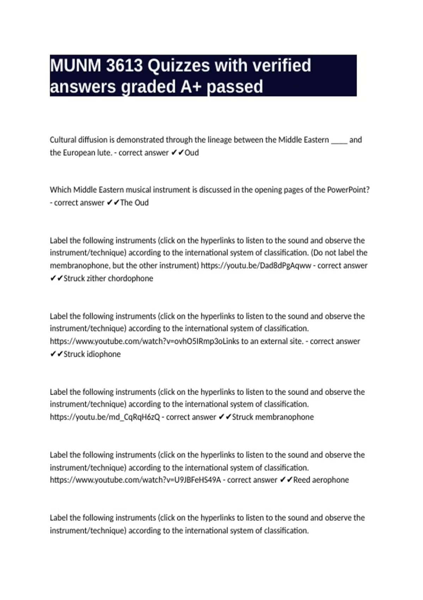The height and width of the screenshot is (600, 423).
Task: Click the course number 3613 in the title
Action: pos(124,66)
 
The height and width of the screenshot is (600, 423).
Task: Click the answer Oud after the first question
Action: pos(192,153)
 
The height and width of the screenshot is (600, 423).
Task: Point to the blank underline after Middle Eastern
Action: pos(339,140)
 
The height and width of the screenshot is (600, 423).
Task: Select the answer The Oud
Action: pos(134,203)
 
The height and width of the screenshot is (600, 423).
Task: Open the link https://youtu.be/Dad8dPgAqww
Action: pos(256,266)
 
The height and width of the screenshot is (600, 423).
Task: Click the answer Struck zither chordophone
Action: pos(108,278)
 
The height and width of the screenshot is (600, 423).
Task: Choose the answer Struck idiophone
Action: pos(92,354)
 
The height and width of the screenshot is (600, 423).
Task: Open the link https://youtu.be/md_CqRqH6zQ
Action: pos(105,417)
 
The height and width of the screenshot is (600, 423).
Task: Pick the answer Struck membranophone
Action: pos(272,417)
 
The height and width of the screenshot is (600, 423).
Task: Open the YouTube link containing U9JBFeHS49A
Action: pos(135,480)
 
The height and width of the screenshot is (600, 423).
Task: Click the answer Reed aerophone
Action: pos(321,480)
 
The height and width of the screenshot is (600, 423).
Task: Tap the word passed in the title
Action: pos(235,87)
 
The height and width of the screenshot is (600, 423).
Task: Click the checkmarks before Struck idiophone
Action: pos(56,354)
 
